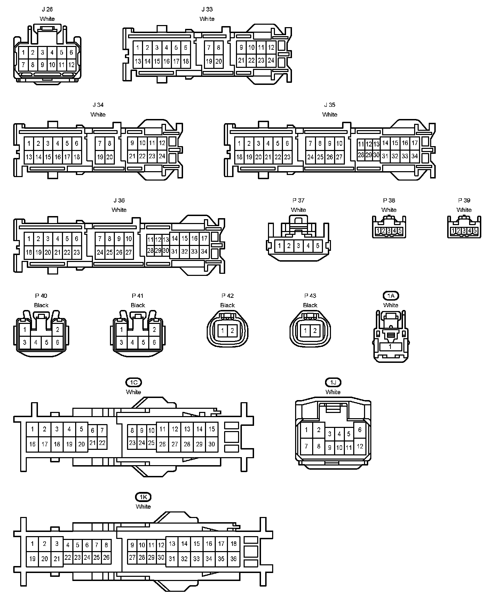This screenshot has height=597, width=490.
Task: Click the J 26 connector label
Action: [47, 9]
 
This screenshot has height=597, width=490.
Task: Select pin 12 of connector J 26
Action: [71, 65]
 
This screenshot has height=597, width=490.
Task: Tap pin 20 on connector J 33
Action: [219, 62]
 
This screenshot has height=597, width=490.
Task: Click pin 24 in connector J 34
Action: [162, 156]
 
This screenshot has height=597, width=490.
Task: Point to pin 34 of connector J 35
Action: [414, 156]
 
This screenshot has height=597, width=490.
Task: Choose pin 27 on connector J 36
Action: [129, 252]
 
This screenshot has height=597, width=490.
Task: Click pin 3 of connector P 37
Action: [298, 246]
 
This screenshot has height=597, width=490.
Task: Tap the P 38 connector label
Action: [389, 200]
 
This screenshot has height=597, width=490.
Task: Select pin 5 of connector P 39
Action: [475, 231]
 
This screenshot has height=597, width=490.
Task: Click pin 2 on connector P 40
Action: [58, 329]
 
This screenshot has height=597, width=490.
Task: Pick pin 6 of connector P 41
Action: [154, 343]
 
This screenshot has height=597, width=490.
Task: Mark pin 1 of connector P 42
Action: [223, 331]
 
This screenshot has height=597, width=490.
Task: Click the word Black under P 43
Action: [310, 305]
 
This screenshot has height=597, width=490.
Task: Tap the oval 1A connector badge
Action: [390, 296]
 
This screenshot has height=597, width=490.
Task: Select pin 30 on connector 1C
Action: [212, 444]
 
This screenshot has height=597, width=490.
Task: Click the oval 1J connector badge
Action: [333, 382]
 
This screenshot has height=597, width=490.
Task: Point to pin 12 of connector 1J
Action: [360, 446]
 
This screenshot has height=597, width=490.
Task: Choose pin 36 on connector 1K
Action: [234, 559]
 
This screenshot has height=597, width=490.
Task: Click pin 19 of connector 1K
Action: [32, 559]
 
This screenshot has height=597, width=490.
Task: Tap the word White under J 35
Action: [330, 114]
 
